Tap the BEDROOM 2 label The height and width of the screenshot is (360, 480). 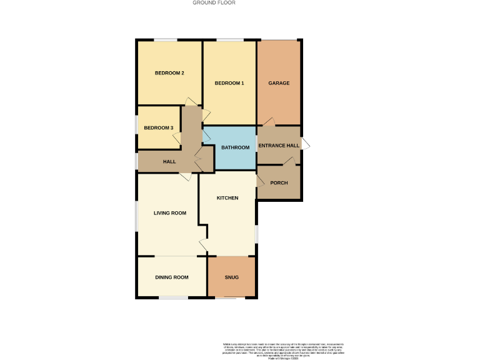click(169, 73)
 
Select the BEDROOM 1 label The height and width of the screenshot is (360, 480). click(229, 83)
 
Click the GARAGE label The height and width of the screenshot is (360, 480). click(279, 83)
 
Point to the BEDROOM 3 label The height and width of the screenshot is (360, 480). click(158, 128)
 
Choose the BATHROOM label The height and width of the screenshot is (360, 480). click(236, 147)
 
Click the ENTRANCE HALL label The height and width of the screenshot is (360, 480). click(279, 146)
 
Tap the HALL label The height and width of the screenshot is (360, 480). click(169, 162)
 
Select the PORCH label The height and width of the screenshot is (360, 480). click(279, 182)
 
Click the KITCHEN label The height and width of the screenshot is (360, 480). click(227, 198)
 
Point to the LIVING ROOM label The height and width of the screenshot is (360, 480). click(170, 213)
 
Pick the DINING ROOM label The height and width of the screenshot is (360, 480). click(172, 277)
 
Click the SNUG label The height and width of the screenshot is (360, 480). click(231, 277)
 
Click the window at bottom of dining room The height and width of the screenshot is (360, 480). click(173, 297)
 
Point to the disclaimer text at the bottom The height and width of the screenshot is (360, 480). click(283, 351)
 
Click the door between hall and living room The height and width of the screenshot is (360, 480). click(186, 177)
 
